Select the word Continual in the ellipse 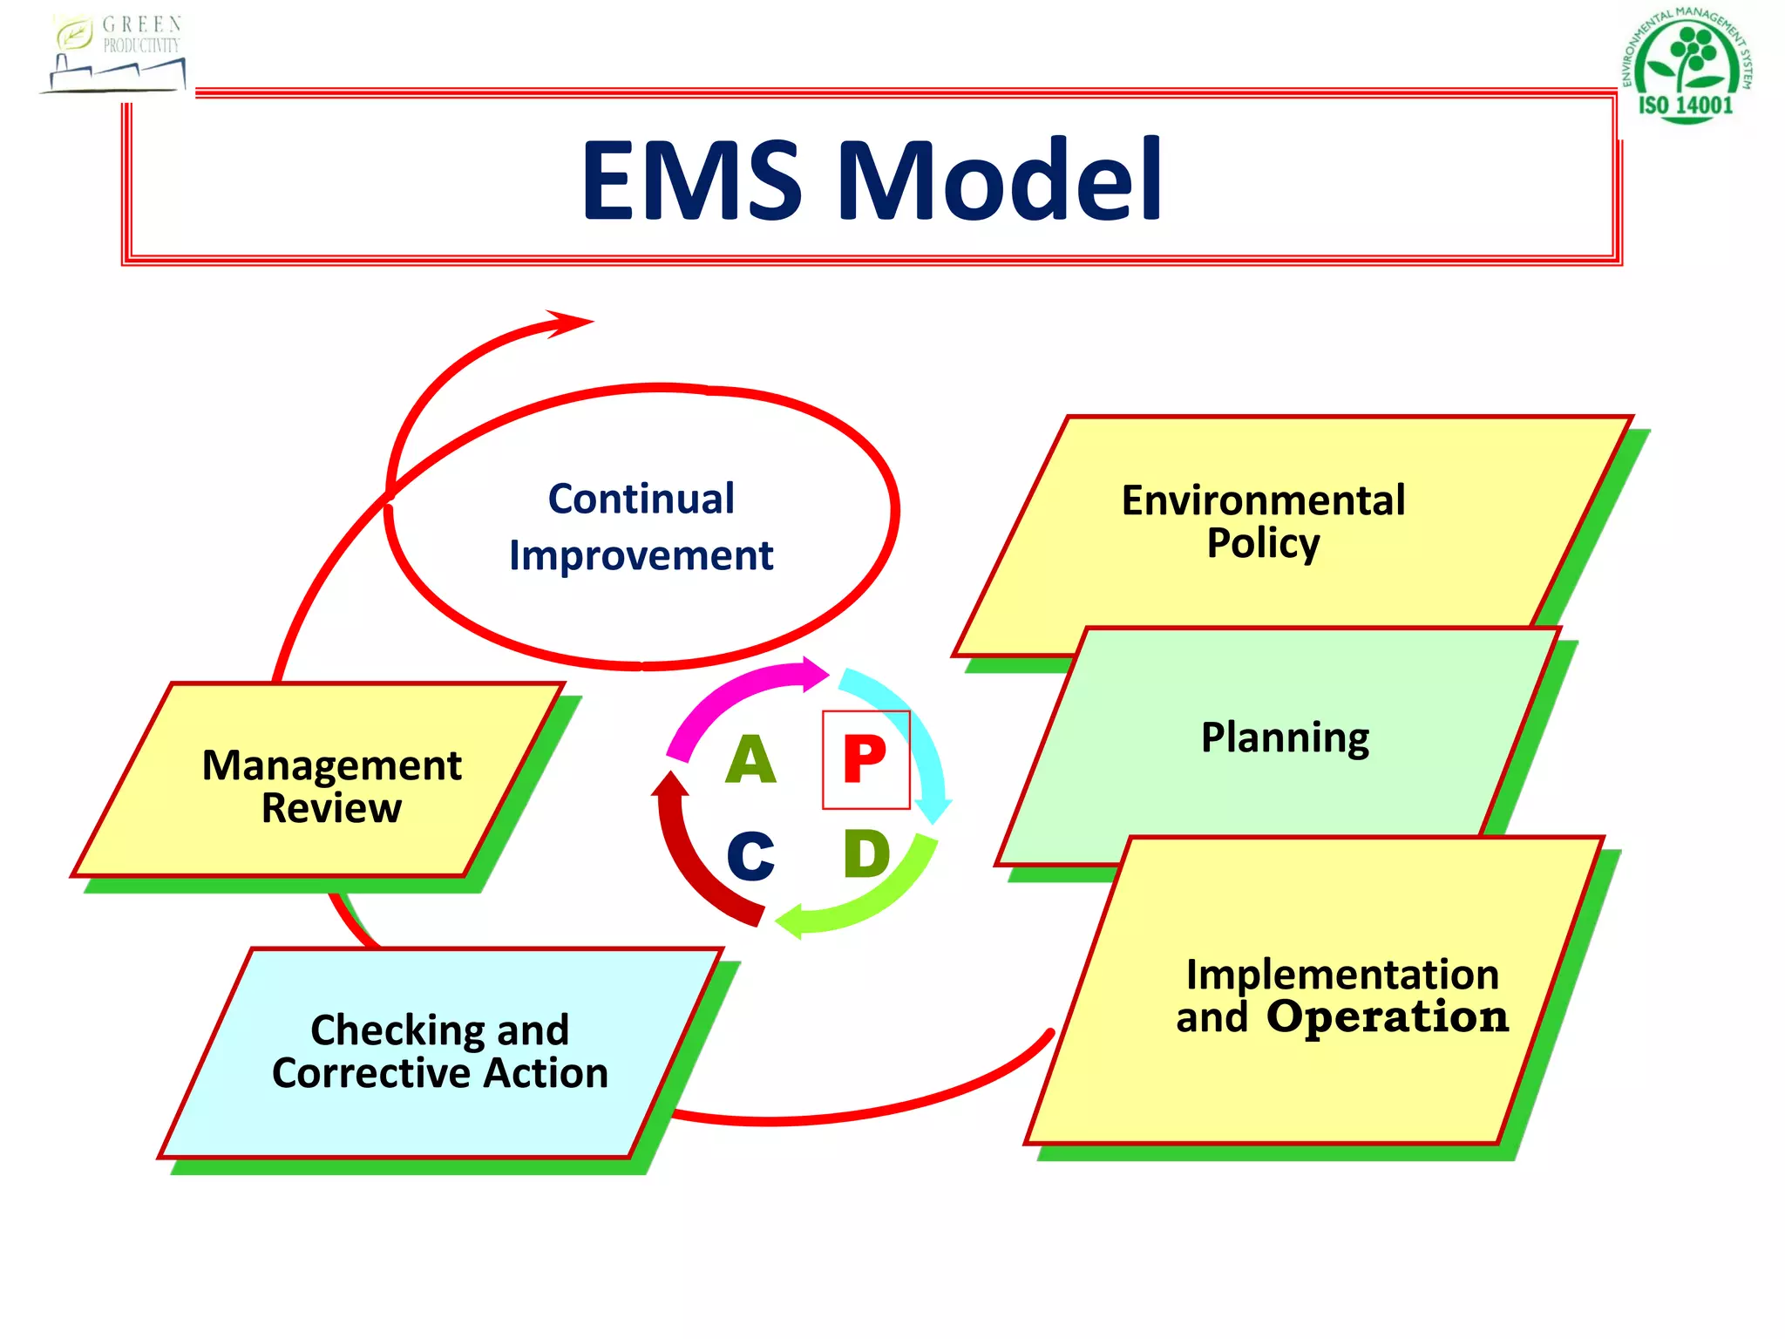[641, 500]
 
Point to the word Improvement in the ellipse [641, 556]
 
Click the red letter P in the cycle [865, 759]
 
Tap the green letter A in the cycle [750, 760]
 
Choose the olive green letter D [866, 854]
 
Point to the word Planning [1285, 737]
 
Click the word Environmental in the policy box [1263, 500]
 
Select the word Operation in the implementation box [1387, 1017]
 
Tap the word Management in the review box [331, 765]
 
